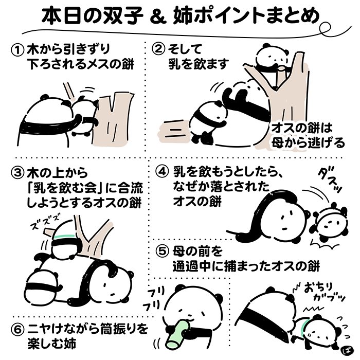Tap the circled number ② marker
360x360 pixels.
click(158, 49)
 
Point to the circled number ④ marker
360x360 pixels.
click(163, 172)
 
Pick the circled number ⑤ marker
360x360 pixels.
click(163, 251)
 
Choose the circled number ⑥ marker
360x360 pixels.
click(17, 330)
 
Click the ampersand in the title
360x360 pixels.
click(158, 17)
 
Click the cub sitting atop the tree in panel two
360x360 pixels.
click(273, 58)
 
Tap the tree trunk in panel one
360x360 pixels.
click(113, 119)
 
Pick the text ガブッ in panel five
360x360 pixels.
click(329, 298)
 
